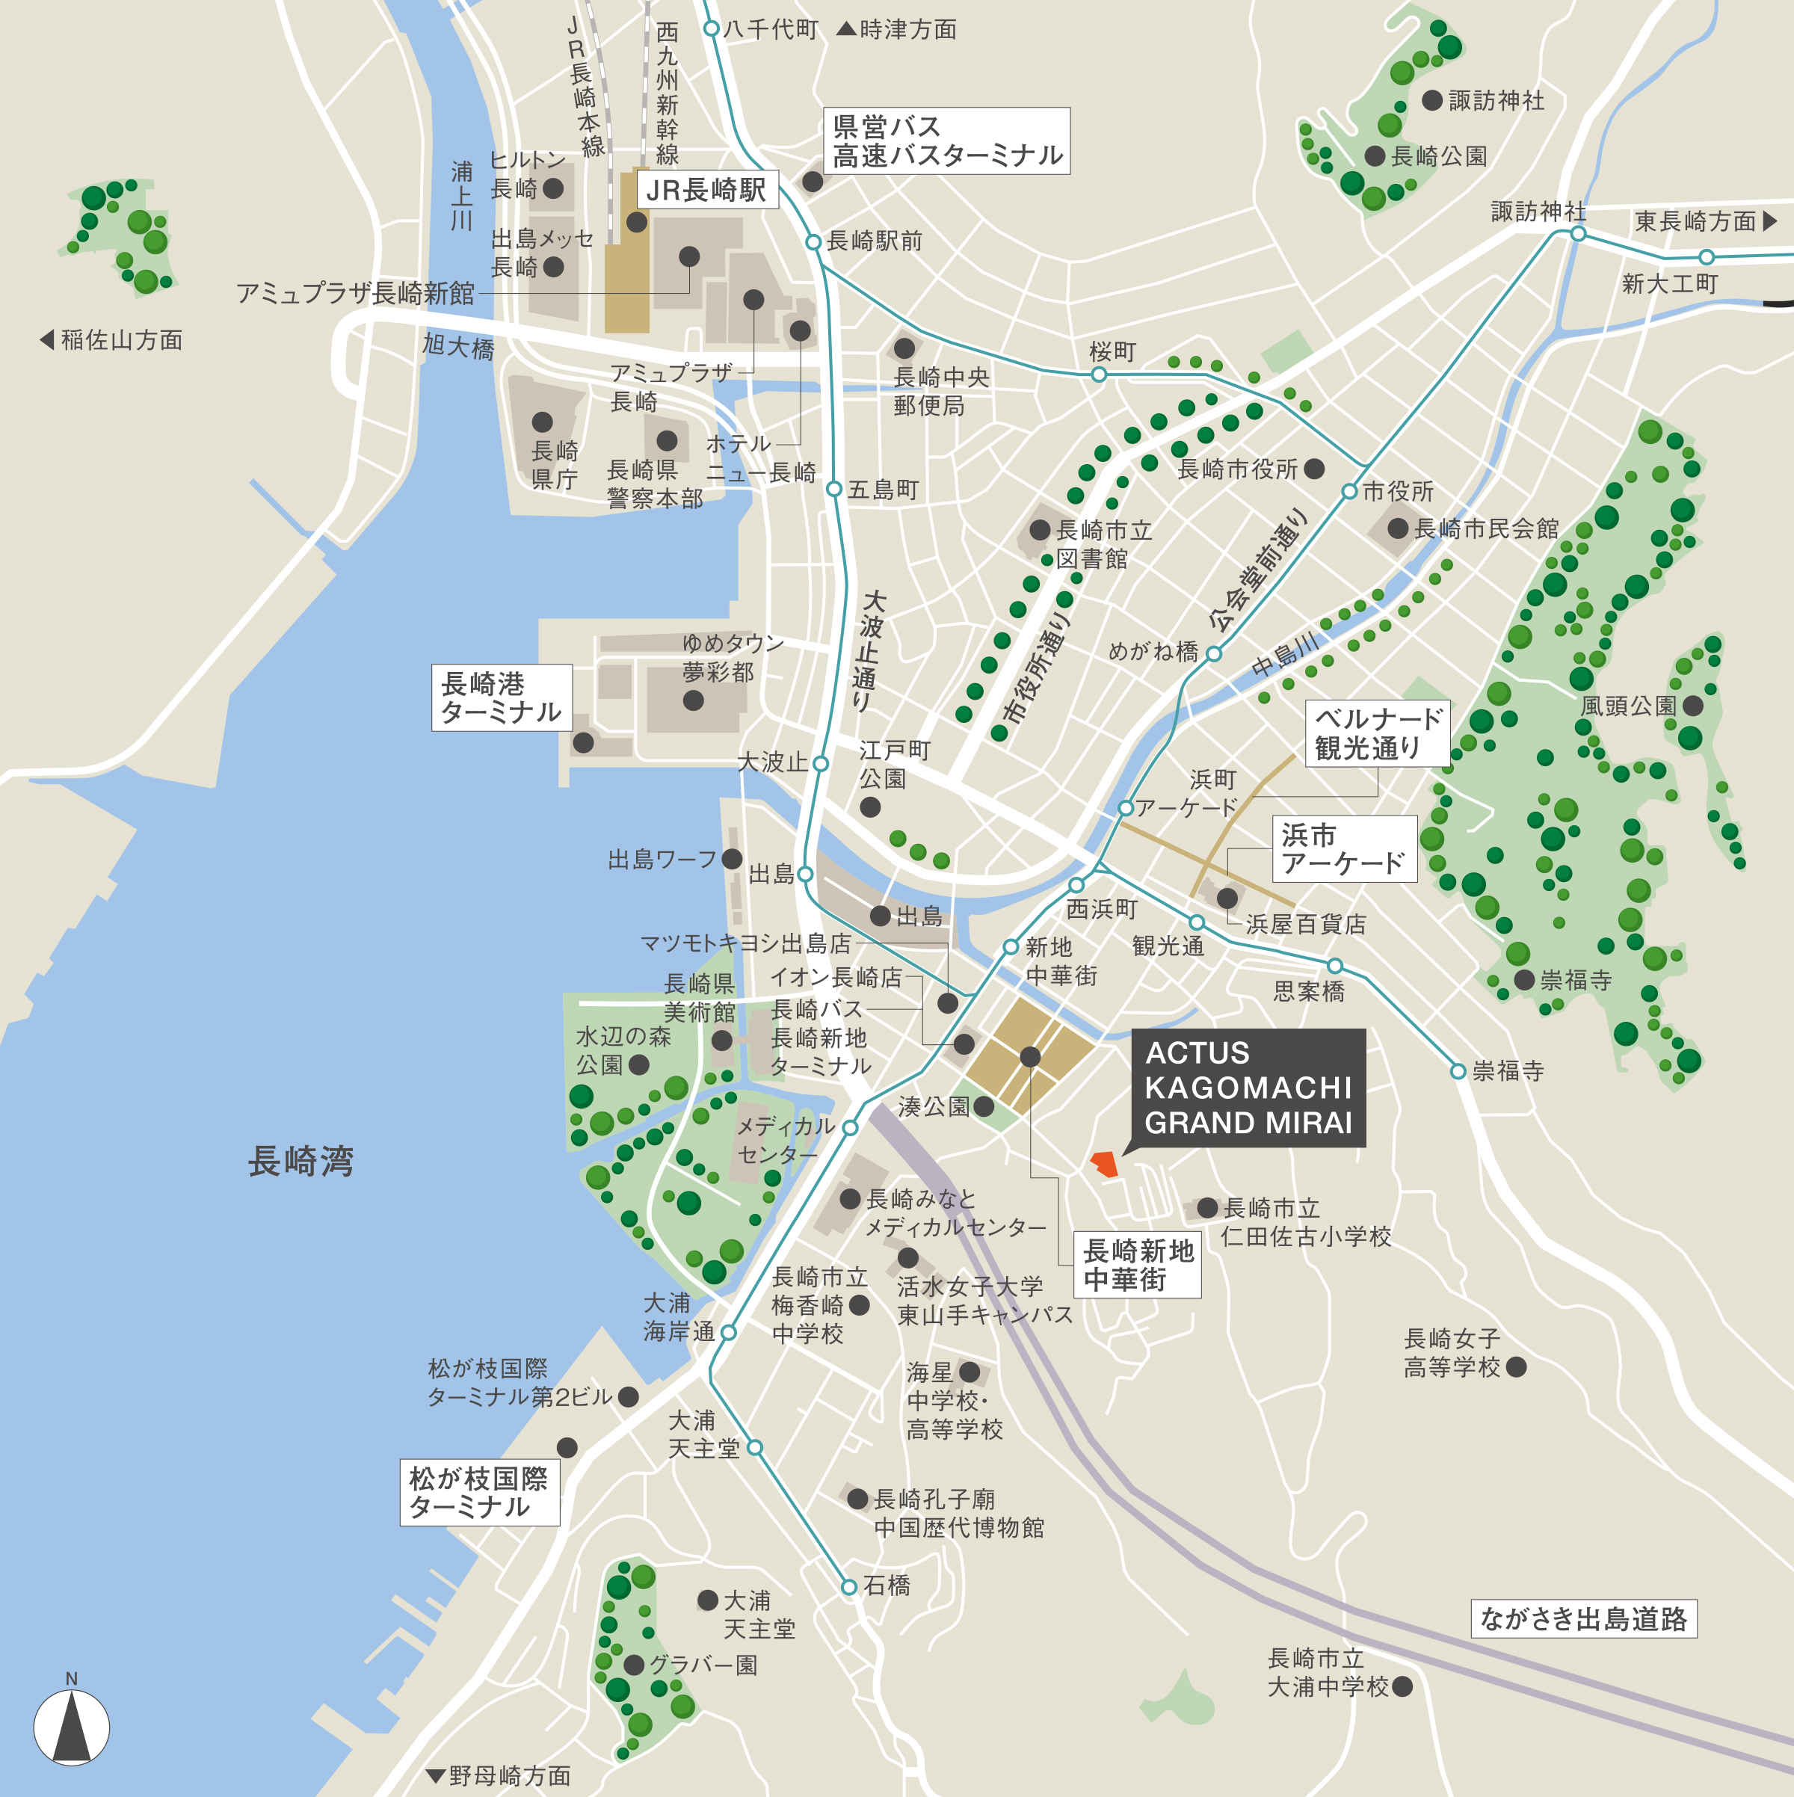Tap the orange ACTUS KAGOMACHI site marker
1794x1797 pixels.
[x=1104, y=1164]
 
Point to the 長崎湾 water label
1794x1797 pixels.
[x=300, y=1161]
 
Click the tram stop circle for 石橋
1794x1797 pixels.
[x=848, y=1588]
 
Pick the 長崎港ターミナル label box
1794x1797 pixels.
[x=502, y=697]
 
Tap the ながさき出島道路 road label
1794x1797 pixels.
[x=1583, y=1619]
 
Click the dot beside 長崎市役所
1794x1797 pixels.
[x=1314, y=469]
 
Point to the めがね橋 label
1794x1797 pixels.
[x=1153, y=652]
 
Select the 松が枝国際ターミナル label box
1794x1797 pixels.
[x=480, y=1493]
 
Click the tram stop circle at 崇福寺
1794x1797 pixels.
[x=1458, y=1071]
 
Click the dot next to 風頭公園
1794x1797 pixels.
[x=1692, y=706]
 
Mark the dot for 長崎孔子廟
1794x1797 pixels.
[x=857, y=1499]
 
